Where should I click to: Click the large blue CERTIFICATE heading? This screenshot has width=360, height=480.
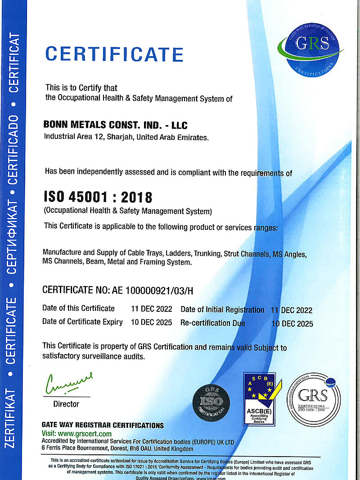[114, 54]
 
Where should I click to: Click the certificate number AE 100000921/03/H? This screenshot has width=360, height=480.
[152, 290]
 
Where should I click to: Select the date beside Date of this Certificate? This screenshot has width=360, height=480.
[151, 309]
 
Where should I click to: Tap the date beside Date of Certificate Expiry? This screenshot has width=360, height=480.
[151, 322]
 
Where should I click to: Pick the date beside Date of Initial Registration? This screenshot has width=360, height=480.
[291, 310]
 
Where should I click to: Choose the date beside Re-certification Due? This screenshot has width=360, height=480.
[292, 323]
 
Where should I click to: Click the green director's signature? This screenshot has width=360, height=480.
[68, 383]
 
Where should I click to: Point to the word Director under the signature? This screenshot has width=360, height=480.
[66, 404]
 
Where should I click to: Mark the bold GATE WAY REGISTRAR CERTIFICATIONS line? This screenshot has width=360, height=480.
[103, 425]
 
